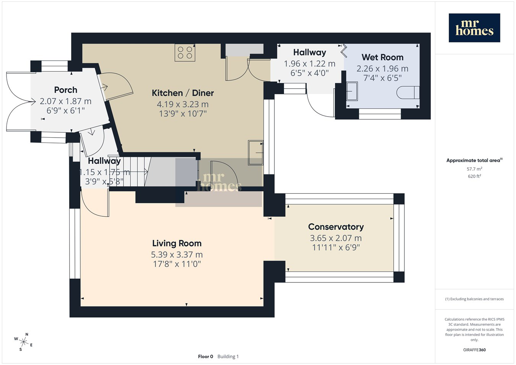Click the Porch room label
click(x=66, y=90)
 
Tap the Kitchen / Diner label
click(x=183, y=93)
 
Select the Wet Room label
click(x=382, y=57)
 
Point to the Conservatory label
click(x=336, y=227)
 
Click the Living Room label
click(x=177, y=243)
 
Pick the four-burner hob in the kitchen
click(x=185, y=53)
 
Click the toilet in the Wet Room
click(x=408, y=92)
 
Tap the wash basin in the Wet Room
click(x=352, y=91)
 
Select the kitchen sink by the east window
click(x=255, y=152)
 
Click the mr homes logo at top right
click(x=474, y=28)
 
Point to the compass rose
click(x=23, y=342)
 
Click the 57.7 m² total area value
click(x=474, y=169)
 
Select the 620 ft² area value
click(x=474, y=176)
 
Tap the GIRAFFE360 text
click(x=474, y=350)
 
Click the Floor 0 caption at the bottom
click(x=206, y=357)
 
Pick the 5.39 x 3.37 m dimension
click(x=177, y=255)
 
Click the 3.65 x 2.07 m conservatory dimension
click(x=336, y=238)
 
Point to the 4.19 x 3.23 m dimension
click(x=183, y=104)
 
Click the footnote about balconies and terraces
click(x=474, y=299)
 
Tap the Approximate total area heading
click(x=474, y=160)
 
